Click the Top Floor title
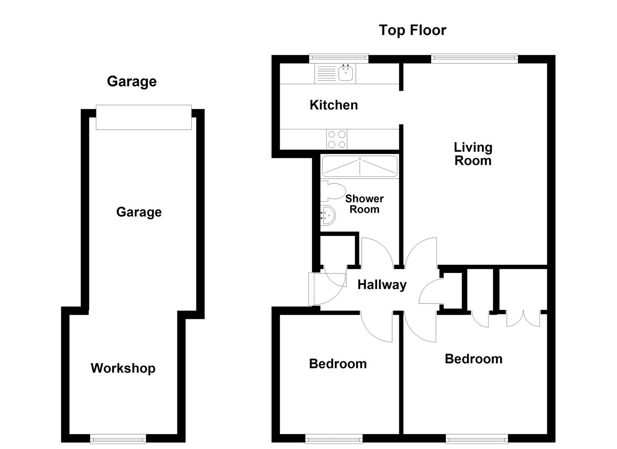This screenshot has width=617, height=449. [x=412, y=30]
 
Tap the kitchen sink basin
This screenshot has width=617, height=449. [x=346, y=73]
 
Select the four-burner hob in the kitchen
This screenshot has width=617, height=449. [x=336, y=139]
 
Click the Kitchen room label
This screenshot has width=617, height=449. [x=334, y=105]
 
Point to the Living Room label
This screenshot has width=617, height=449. [x=473, y=154]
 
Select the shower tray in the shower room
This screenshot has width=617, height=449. [x=359, y=166]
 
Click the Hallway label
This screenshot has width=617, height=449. [x=382, y=285]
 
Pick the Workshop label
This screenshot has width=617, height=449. [x=123, y=368]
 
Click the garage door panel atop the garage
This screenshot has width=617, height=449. [x=143, y=117]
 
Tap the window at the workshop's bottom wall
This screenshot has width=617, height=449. [x=118, y=439]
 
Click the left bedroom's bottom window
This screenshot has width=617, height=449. [x=334, y=439]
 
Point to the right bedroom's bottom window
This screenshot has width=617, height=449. [x=477, y=439]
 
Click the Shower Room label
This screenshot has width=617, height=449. [x=364, y=204]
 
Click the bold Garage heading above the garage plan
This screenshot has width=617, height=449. [x=132, y=81]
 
